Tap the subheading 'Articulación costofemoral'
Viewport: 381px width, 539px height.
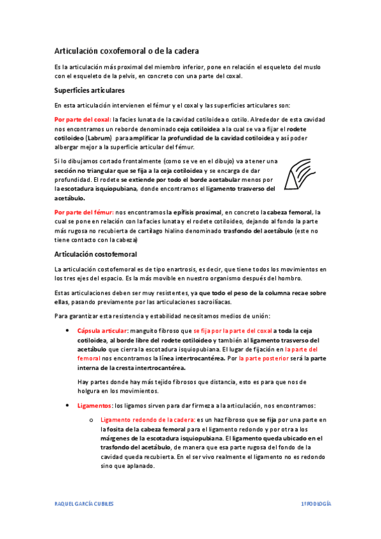[x=95, y=254]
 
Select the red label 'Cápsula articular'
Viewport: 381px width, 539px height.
[x=102, y=331]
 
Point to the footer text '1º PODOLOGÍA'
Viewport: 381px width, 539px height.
[x=315, y=503]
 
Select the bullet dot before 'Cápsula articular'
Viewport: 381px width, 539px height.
[x=67, y=331]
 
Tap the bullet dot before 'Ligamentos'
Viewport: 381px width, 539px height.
[x=67, y=405]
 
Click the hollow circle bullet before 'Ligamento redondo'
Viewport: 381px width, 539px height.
[x=92, y=421]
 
